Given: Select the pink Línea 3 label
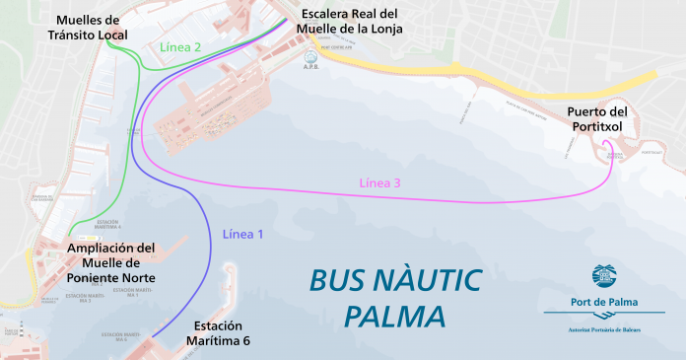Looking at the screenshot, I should point(379,182).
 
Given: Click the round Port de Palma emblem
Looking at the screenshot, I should point(602,275).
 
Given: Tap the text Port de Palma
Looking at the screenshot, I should point(603,303).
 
